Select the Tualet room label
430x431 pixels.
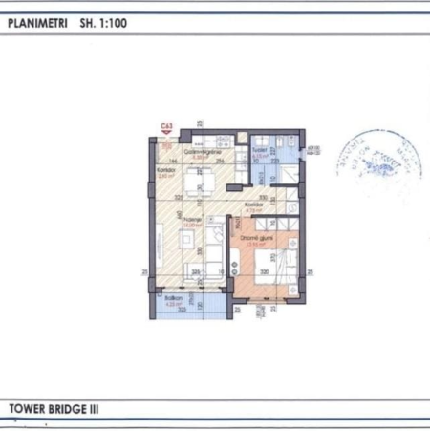point(258,151)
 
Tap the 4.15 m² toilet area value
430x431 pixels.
point(257,157)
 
